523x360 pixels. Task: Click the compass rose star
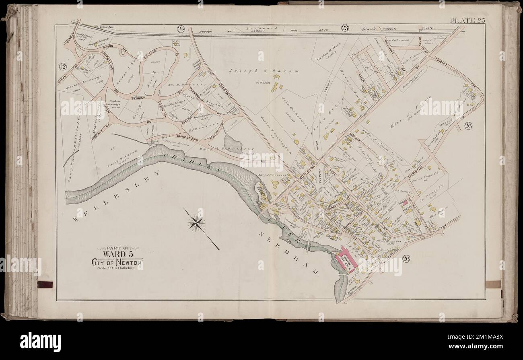[x=196, y=222]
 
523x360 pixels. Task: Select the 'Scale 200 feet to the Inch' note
[x=117, y=268]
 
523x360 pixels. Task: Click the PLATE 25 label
[x=467, y=21]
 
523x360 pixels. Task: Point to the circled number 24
[x=181, y=29]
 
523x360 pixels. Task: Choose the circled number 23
[x=345, y=28]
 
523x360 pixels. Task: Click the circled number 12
[x=62, y=67]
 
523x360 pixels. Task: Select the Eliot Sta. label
[x=431, y=28]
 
